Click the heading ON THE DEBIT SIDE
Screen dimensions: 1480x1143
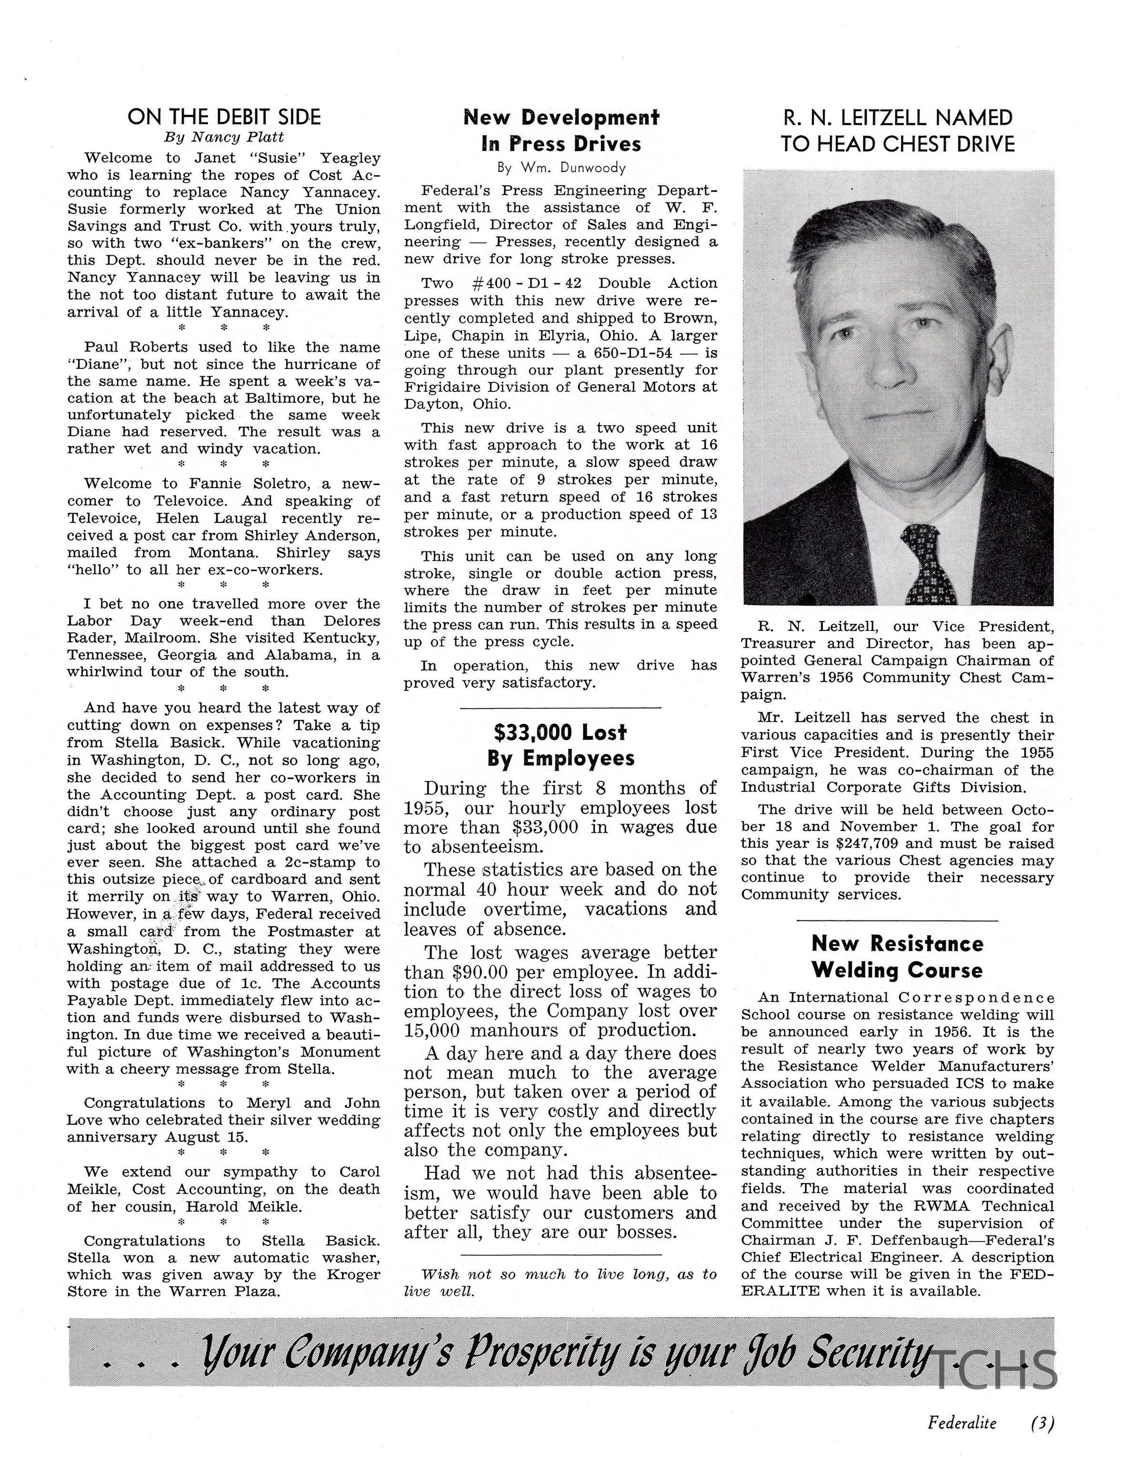[x=224, y=117]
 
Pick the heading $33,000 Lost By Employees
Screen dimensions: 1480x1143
[x=560, y=745]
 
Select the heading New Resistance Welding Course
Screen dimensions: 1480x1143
[x=896, y=956]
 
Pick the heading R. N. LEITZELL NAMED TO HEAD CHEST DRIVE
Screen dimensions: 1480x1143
[x=897, y=130]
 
